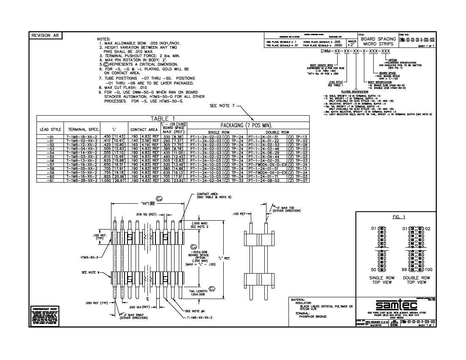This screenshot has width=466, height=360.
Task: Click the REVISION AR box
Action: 44,36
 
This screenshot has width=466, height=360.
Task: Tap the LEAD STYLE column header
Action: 50,129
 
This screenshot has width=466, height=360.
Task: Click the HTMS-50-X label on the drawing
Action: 90,257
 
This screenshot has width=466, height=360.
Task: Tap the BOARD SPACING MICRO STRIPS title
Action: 378,42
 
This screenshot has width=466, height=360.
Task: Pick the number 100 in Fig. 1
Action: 429,269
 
